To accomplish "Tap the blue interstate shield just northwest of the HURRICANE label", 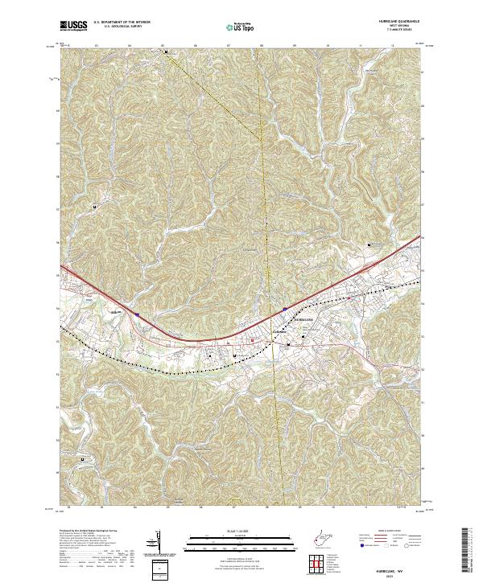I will [x=285, y=307].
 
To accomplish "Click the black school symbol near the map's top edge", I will [x=167, y=51].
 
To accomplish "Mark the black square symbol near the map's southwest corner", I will [x=84, y=459].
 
